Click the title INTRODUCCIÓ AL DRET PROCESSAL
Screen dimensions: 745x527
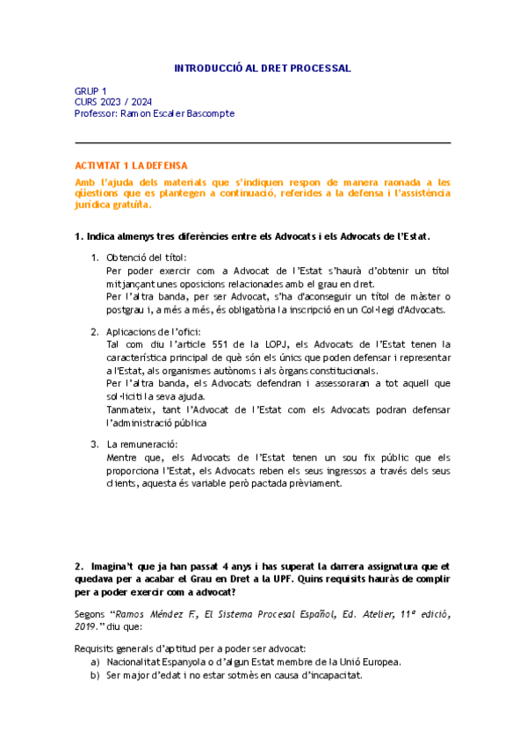pyautogui.click(x=263, y=68)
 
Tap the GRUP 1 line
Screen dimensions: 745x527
pyautogui.click(x=90, y=90)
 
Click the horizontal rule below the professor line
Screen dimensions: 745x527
pyautogui.click(x=263, y=142)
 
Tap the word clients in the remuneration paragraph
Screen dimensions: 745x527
pyautogui.click(x=122, y=483)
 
